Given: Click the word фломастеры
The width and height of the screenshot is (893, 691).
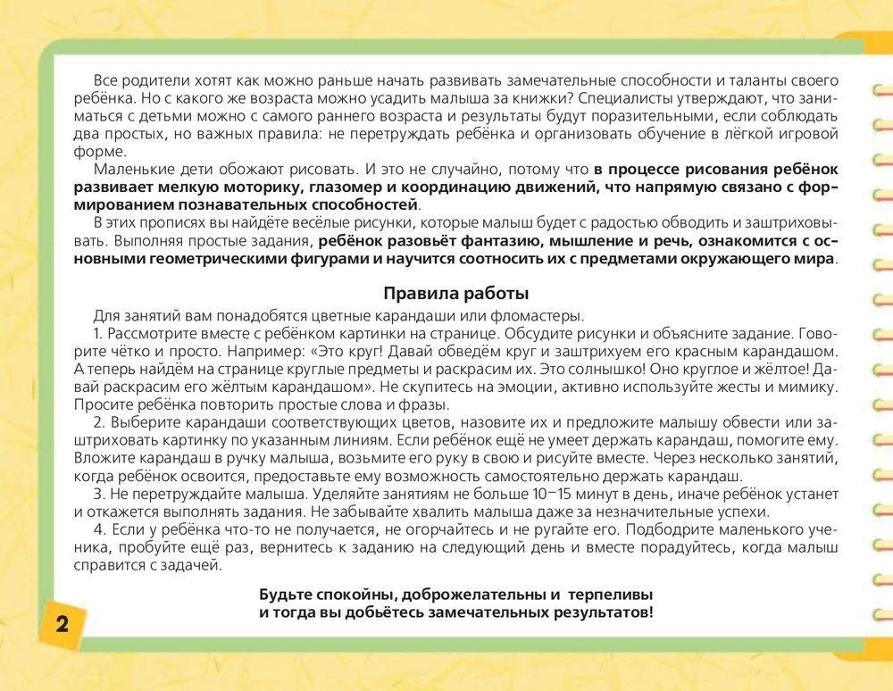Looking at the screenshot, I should click(x=537, y=315).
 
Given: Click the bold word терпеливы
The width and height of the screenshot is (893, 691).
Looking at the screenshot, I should click(x=616, y=595).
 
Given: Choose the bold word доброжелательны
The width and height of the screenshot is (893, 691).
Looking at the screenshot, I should click(x=462, y=595).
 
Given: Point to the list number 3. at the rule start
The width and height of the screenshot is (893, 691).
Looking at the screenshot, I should click(x=99, y=494).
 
